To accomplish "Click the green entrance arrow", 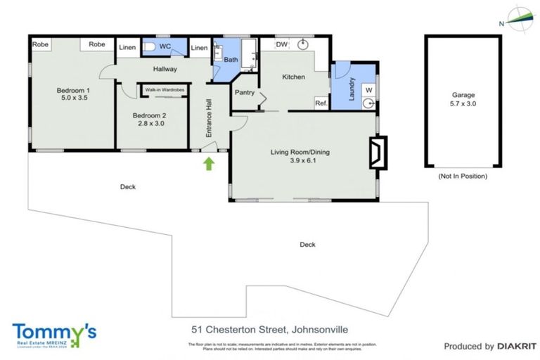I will [x=208, y=165].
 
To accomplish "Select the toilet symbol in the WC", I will [x=150, y=47].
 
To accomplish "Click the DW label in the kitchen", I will [x=281, y=45].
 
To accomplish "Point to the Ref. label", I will [x=321, y=103].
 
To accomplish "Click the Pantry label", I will [x=244, y=92].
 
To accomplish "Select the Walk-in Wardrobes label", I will [x=165, y=90].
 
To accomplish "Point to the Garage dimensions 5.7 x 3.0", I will [x=463, y=104].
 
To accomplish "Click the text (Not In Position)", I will [x=463, y=176].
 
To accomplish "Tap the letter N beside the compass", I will [x=501, y=23].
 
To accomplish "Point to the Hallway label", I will [x=164, y=69].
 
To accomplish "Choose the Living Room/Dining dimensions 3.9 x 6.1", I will [x=300, y=161].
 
